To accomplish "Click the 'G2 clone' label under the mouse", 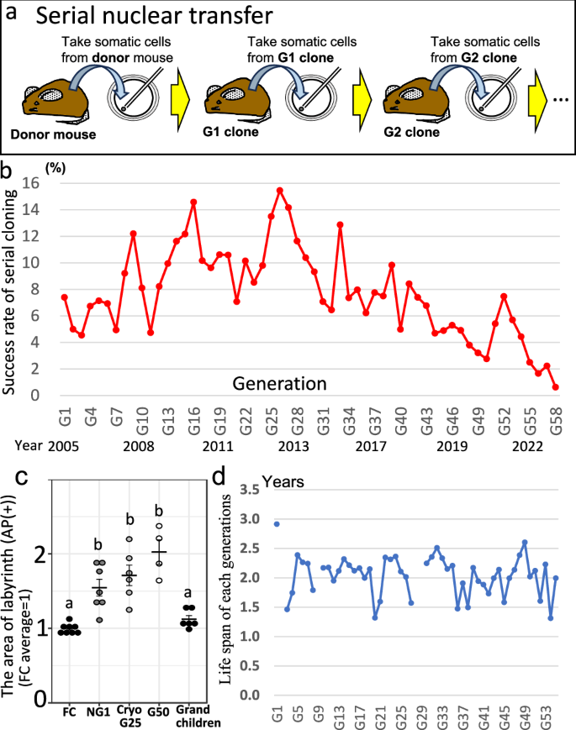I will coord(412,133).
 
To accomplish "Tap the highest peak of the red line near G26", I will coord(280,190).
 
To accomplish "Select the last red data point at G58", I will coord(556,387).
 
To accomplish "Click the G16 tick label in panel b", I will coord(193,415).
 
